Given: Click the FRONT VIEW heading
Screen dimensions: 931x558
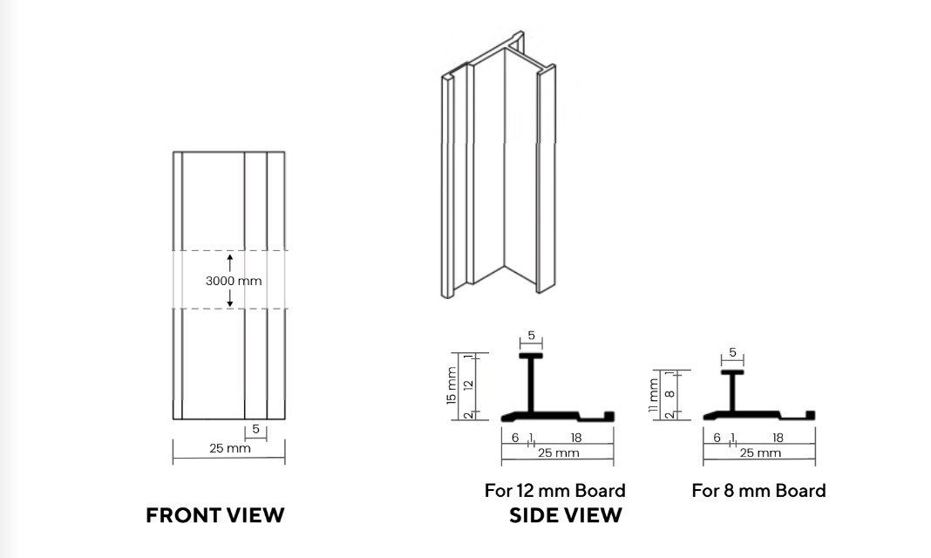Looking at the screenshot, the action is pos(215,515).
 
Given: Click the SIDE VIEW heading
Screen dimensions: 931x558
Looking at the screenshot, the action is pos(566,515).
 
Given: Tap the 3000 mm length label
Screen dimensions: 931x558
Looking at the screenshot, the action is pos(234,281).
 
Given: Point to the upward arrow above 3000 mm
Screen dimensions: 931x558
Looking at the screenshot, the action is pos(230,263).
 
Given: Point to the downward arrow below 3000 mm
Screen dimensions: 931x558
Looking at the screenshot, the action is pos(230,298).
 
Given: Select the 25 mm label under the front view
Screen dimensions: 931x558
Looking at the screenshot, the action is pos(230,448).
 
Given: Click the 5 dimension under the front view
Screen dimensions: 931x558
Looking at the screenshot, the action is pos(255,429).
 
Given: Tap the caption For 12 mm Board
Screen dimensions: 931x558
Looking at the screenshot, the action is pos(555,490).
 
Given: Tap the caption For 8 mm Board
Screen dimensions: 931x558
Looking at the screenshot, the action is pos(758,490).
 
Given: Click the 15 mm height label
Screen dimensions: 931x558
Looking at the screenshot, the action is pos(452,386).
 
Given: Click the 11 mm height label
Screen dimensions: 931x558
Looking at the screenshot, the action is pos(653,396).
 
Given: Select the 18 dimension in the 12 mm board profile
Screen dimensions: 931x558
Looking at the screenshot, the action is pos(576,438).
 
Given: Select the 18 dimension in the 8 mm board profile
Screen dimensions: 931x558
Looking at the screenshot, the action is pos(778,438).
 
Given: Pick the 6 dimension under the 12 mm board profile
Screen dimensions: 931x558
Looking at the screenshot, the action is pos(515,438).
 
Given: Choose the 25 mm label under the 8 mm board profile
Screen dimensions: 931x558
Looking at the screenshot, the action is pos(760,453).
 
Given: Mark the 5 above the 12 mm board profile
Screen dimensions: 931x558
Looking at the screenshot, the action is pos(531,336).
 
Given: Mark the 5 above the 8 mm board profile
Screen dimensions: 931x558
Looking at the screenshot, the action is pos(733,352).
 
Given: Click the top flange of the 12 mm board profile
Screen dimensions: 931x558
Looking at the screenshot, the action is pos(531,356).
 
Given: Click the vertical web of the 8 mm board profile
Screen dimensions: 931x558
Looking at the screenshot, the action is pos(732,392).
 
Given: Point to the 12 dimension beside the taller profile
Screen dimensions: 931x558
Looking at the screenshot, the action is pos(469,384).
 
